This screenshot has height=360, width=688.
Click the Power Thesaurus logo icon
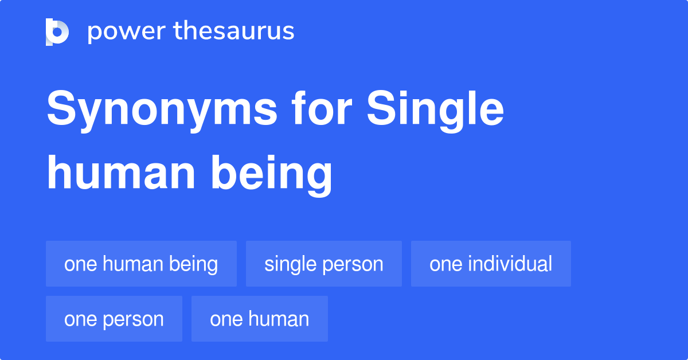coord(57,32)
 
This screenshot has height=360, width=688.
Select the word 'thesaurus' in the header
coord(234,32)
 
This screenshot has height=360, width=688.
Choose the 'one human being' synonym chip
coord(141,264)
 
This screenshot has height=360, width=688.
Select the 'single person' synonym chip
coord(324,264)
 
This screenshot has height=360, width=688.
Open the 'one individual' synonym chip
coord(491,264)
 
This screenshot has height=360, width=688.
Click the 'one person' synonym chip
coord(114,319)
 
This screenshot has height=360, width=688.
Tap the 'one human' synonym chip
coord(260,319)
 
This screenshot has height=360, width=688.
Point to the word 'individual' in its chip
coord(510,264)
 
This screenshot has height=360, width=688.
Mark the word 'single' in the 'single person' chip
coord(290,264)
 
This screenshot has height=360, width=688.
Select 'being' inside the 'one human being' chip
coord(193,264)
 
